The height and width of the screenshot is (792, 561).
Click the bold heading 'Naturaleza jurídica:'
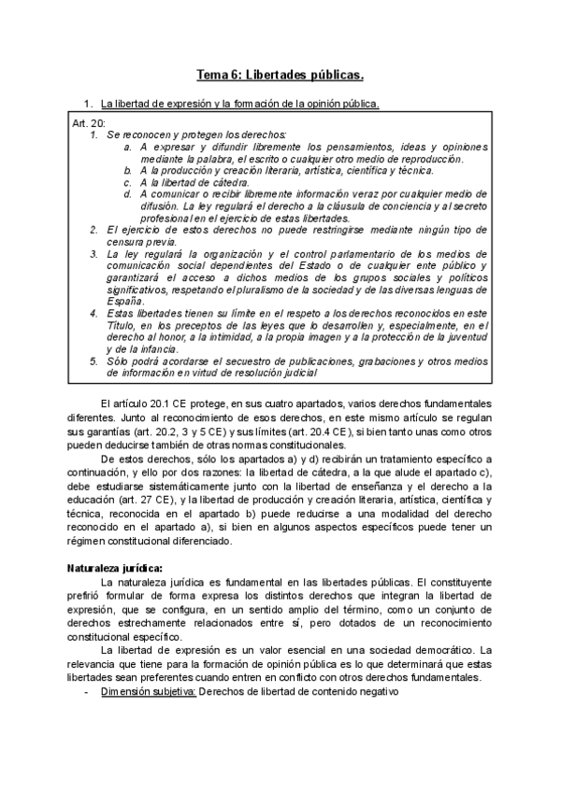tap(115, 567)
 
